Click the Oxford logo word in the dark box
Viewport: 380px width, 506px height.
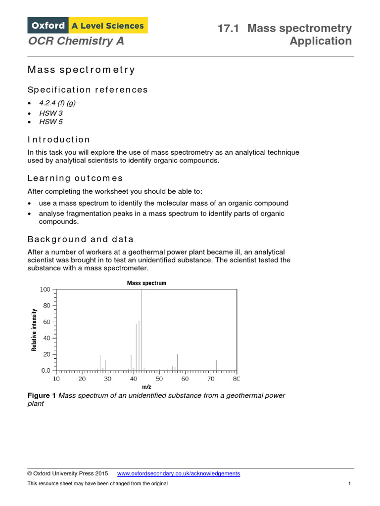coord(48,25)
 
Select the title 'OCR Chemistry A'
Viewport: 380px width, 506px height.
coord(76,41)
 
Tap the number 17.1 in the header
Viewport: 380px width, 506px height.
coord(229,28)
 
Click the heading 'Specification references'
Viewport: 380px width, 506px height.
coord(88,89)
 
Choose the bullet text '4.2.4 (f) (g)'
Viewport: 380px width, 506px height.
coord(57,103)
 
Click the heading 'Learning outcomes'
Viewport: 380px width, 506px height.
coord(75,178)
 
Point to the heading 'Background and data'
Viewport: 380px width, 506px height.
coord(81,239)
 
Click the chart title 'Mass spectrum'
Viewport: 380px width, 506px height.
coord(146,283)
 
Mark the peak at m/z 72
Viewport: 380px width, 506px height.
coord(216,365)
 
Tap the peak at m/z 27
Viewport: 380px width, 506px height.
coord(100,363)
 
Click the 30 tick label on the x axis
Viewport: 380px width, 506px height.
coord(107,379)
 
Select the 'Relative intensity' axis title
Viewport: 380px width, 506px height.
coord(34,330)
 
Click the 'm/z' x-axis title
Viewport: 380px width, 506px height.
coord(146,387)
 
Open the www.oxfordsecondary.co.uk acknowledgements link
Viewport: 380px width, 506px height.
coord(178,473)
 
